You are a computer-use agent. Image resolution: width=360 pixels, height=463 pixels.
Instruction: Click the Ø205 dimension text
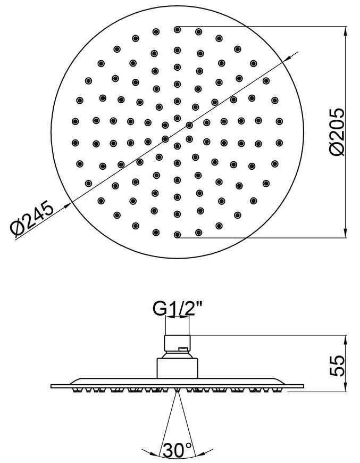[x=337, y=131]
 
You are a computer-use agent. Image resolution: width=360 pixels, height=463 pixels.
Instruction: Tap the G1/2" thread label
[x=177, y=309]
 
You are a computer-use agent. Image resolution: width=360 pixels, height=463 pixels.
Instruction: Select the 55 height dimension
[x=337, y=366]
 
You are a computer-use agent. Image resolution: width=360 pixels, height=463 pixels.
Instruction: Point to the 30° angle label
[x=178, y=450]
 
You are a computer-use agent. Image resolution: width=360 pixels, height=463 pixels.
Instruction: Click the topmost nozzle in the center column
[x=177, y=29]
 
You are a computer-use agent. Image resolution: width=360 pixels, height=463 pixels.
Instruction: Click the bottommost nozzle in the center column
[x=177, y=235]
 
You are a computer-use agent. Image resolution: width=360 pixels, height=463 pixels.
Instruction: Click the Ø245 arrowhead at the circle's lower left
[x=68, y=206]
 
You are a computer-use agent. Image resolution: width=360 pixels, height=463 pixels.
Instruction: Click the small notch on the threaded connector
[x=183, y=349]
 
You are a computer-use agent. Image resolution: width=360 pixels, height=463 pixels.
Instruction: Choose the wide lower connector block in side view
[x=177, y=368]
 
